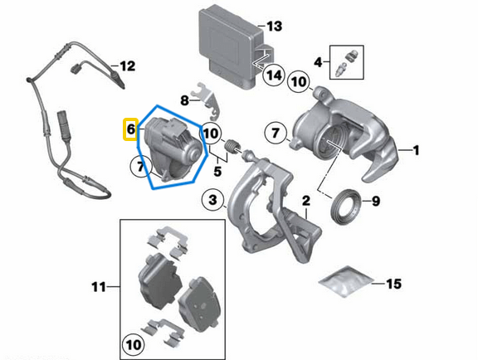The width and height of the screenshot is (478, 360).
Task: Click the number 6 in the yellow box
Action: [x=129, y=129]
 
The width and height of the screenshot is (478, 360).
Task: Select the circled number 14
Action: [x=274, y=76]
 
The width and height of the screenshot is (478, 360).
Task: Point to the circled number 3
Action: [x=214, y=201]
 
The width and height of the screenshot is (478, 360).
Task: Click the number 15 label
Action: [x=393, y=284]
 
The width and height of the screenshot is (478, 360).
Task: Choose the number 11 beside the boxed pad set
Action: [x=96, y=287]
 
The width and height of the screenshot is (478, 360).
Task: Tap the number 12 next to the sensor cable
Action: [x=126, y=66]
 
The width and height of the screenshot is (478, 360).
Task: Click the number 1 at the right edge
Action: [x=417, y=150]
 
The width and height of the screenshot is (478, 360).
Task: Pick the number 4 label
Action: [x=317, y=61]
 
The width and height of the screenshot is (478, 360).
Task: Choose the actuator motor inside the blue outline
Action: [x=172, y=145]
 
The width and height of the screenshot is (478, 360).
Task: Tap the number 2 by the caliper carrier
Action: [x=305, y=201]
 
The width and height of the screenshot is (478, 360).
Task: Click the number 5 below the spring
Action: [x=217, y=173]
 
